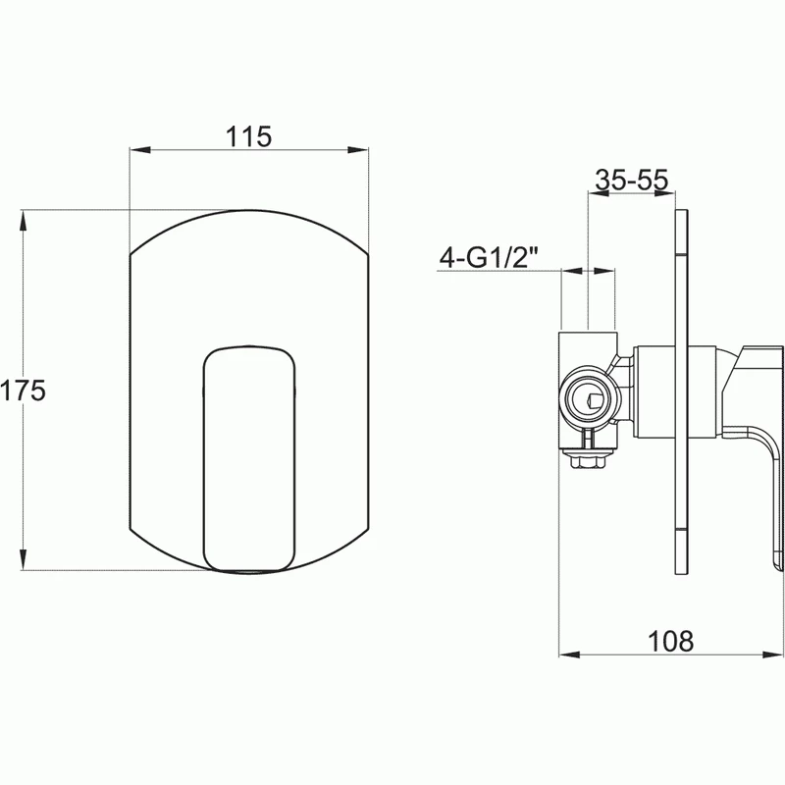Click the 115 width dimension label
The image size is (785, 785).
click(x=248, y=136)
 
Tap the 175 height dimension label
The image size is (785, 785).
click(x=23, y=391)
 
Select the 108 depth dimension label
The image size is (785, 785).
click(x=671, y=641)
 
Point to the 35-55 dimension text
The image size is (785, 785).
click(x=632, y=180)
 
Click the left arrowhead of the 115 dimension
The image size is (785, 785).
click(x=140, y=150)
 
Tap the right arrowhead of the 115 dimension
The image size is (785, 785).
click(x=358, y=150)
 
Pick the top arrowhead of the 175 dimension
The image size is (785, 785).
click(x=23, y=220)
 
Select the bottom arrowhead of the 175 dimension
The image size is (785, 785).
click(x=23, y=559)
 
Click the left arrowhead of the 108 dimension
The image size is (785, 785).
click(x=569, y=654)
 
